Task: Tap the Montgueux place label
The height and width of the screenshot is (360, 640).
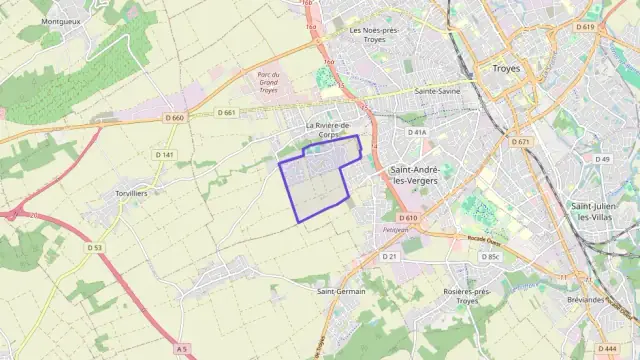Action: click(62, 20)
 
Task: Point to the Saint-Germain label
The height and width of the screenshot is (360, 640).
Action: click(341, 291)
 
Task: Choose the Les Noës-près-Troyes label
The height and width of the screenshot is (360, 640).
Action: click(375, 35)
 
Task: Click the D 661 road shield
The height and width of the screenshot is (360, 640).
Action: click(226, 112)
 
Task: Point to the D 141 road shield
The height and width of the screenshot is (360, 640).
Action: click(165, 155)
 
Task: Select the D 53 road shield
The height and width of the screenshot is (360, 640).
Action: click(94, 247)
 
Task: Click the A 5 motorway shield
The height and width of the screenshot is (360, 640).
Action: click(180, 348)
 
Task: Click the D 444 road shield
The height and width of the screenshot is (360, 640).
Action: click(606, 348)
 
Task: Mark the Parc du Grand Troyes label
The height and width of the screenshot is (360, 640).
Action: click(267, 82)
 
